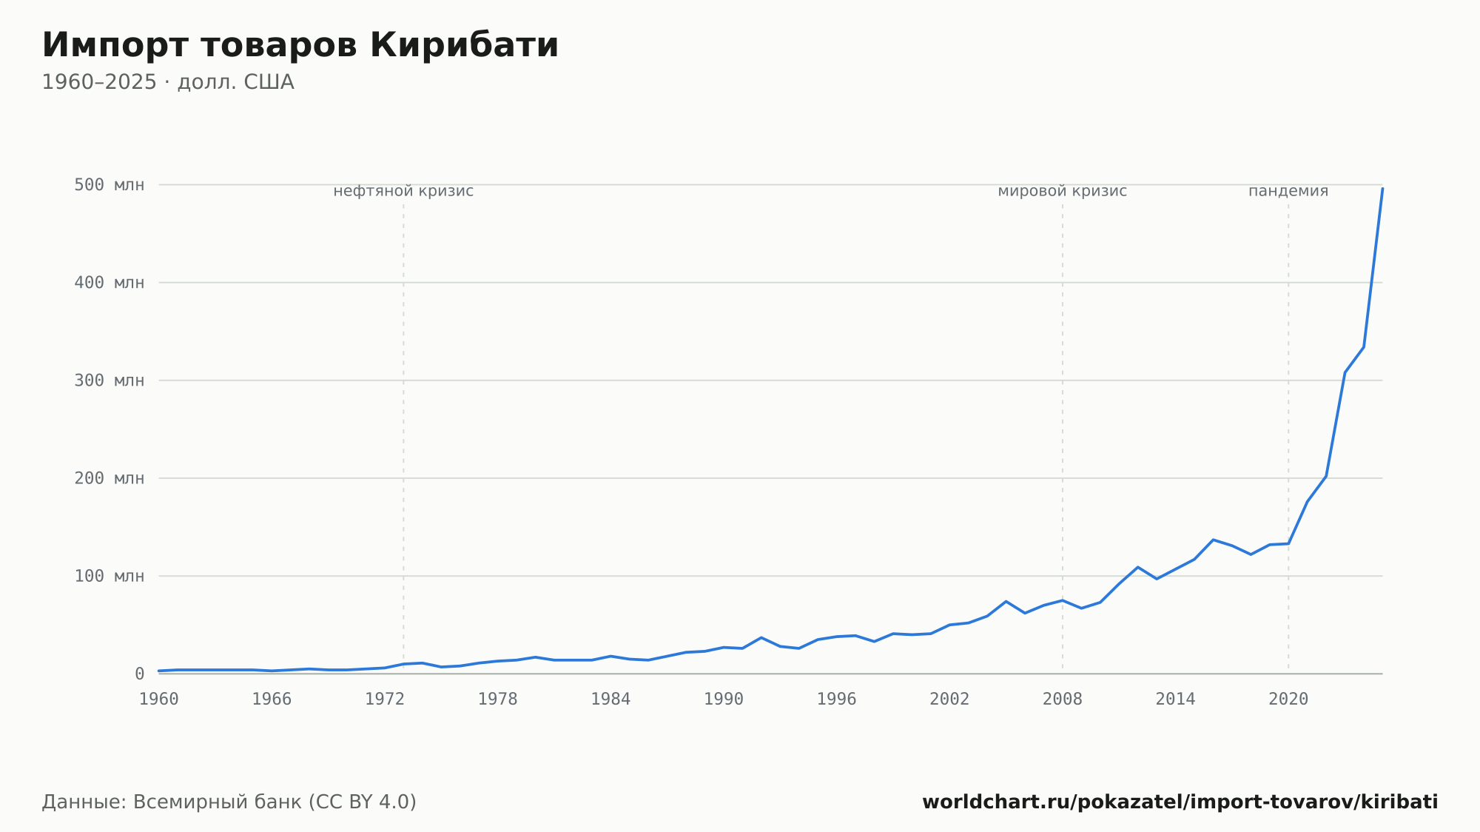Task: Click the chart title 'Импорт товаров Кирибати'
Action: pyautogui.click(x=300, y=45)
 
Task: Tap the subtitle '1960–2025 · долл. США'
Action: pyautogui.click(x=168, y=82)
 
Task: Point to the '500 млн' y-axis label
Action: pyautogui.click(x=109, y=185)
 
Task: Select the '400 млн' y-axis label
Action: pyautogui.click(x=109, y=283)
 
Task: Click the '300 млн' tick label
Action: pyautogui.click(x=109, y=380)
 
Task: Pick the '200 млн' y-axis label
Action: pyautogui.click(x=109, y=478)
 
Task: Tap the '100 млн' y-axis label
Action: pyautogui.click(x=109, y=576)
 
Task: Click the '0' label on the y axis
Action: pyautogui.click(x=139, y=674)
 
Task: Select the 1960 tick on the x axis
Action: pyautogui.click(x=159, y=700)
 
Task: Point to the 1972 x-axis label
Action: pyautogui.click(x=385, y=700)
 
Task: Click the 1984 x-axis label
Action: pyautogui.click(x=610, y=700)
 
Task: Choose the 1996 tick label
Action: pyautogui.click(x=836, y=700)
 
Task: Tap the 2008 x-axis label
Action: pyautogui.click(x=1063, y=700)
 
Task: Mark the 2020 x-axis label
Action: pyautogui.click(x=1288, y=700)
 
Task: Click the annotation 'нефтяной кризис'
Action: pyautogui.click(x=403, y=191)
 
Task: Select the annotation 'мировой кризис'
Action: pyautogui.click(x=1063, y=191)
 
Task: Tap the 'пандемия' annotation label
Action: pyautogui.click(x=1288, y=191)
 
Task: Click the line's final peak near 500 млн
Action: pyautogui.click(x=1382, y=189)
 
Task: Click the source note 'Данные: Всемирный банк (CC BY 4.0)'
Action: pyautogui.click(x=229, y=802)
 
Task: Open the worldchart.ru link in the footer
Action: pyautogui.click(x=1180, y=802)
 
